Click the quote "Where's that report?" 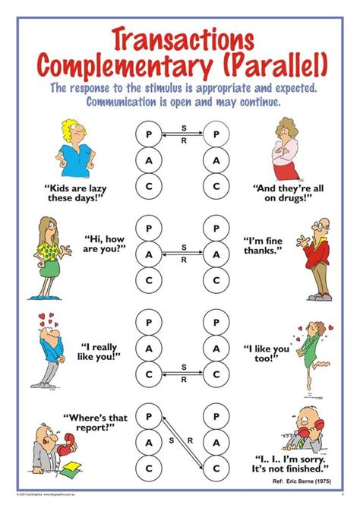tap(93, 422)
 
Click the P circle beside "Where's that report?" tap(148, 417)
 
